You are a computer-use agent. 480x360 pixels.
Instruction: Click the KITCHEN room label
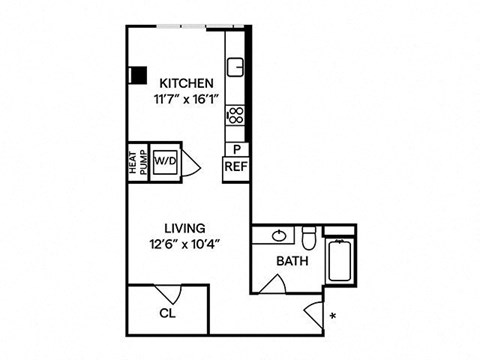(x=186, y=83)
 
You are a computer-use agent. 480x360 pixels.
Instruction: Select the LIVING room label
(x=185, y=228)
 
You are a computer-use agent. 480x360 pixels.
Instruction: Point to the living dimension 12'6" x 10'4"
(x=186, y=245)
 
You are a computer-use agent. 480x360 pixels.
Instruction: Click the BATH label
(x=292, y=261)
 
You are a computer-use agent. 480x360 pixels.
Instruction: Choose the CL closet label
(x=168, y=313)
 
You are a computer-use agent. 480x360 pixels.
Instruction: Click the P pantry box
(x=237, y=149)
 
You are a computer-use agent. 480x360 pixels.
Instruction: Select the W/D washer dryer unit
(x=165, y=162)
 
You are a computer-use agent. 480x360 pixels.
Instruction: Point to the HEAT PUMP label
(x=138, y=162)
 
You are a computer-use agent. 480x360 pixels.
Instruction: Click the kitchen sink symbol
(x=235, y=67)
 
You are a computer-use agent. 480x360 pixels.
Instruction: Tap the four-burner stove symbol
(x=235, y=116)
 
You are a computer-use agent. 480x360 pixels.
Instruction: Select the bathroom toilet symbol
(x=309, y=237)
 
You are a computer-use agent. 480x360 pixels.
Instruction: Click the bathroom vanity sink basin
(x=279, y=236)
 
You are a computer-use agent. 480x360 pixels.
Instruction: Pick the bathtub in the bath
(x=339, y=260)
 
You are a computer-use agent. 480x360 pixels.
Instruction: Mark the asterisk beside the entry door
(x=332, y=316)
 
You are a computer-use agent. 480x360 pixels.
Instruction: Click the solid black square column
(x=138, y=75)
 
